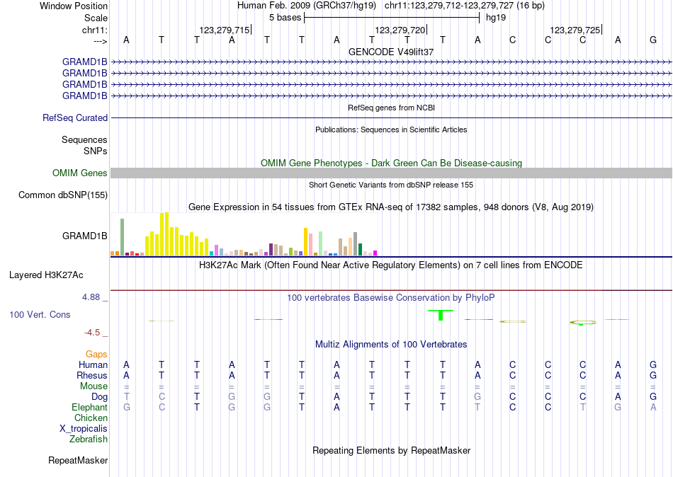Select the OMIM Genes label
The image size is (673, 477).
pyautogui.click(x=80, y=173)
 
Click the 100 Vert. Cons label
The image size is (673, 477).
pyautogui.click(x=40, y=314)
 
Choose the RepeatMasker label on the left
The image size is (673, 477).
pyautogui.click(x=78, y=461)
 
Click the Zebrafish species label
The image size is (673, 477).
pyautogui.click(x=89, y=439)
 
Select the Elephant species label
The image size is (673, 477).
pyautogui.click(x=89, y=408)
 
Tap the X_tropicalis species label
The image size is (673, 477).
pyautogui.click(x=84, y=429)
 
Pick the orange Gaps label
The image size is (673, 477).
pyautogui.click(x=96, y=354)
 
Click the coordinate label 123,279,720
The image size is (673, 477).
pyautogui.click(x=400, y=30)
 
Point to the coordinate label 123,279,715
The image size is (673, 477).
pyautogui.click(x=225, y=30)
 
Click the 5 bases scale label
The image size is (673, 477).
pyautogui.click(x=285, y=18)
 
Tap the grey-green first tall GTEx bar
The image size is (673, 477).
pyautogui.click(x=122, y=236)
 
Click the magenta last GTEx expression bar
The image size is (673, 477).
pyautogui.click(x=375, y=253)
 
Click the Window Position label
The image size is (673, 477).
pyautogui.click(x=74, y=6)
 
